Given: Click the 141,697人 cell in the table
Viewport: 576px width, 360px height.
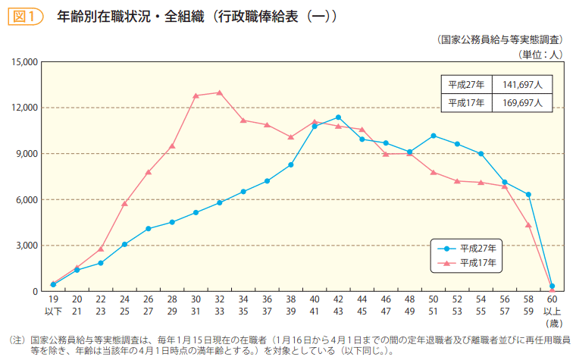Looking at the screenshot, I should (522, 84).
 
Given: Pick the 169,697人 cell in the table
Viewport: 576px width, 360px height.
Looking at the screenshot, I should (522, 103).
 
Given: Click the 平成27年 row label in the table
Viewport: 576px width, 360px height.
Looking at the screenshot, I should (466, 84).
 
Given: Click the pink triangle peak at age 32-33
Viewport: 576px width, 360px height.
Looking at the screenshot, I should (220, 92).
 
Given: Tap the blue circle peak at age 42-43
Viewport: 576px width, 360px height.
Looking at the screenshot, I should (338, 117).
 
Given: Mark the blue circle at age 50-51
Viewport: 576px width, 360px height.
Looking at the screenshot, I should (434, 136).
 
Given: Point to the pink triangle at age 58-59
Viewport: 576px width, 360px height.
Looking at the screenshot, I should (528, 225).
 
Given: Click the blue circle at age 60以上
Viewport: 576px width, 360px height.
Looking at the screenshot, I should (552, 286).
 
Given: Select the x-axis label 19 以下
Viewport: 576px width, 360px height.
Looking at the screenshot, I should (53, 305).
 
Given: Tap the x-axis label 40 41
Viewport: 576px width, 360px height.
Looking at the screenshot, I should (315, 305).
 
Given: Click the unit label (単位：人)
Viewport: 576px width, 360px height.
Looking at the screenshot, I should (539, 54).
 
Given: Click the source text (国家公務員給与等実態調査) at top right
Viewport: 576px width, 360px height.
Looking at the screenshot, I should (500, 39).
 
